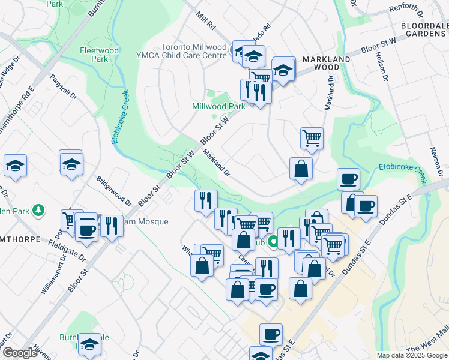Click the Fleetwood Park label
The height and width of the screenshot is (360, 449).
tap(93, 55)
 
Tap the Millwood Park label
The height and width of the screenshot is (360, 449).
tap(218, 106)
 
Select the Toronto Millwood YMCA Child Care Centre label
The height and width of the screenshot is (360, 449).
tap(193, 51)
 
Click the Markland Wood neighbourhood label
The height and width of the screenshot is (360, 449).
tap(326, 64)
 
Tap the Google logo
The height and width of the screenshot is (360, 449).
tap(20, 353)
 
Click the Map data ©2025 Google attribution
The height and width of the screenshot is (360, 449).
tap(412, 355)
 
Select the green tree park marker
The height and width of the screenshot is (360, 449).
tap(39, 210)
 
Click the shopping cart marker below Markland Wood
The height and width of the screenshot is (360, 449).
tap(312, 138)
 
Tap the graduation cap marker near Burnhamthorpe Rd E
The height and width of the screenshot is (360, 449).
tap(15, 166)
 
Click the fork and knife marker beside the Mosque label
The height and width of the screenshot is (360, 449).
tap(111, 226)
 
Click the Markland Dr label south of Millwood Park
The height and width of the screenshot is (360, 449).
tap(217, 163)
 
